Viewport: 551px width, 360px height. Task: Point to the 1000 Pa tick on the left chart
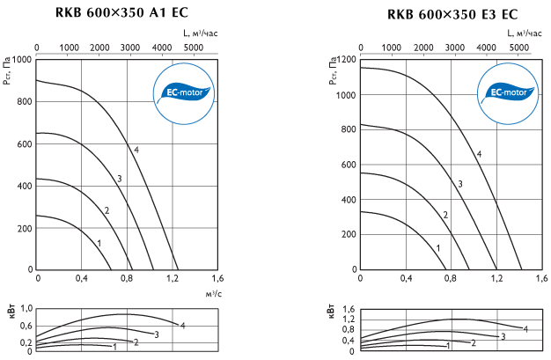coord(21,59)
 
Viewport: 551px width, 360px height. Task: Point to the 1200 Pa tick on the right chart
coord(343,59)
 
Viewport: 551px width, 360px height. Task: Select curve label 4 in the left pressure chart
coord(137,150)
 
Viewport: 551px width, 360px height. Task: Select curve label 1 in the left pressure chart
coord(99,242)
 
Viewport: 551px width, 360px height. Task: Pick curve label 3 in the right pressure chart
coord(459,183)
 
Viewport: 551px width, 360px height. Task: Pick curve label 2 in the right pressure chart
coord(445,215)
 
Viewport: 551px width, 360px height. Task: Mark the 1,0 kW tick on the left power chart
coord(26,308)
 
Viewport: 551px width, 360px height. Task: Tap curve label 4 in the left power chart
coord(182,326)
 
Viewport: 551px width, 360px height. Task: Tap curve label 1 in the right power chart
coord(449,346)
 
